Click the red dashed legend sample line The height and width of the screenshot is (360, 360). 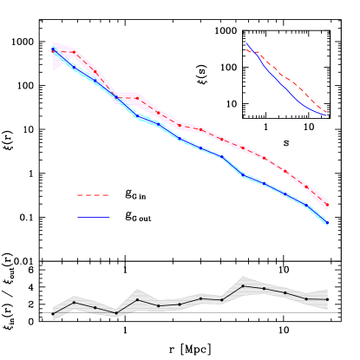pyautogui.click(x=93, y=195)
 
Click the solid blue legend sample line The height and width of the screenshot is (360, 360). pyautogui.click(x=94, y=217)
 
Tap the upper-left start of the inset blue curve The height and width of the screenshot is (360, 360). pyautogui.click(x=246, y=43)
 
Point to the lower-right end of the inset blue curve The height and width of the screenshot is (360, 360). pyautogui.click(x=327, y=115)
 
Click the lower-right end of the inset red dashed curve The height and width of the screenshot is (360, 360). pyautogui.click(x=327, y=112)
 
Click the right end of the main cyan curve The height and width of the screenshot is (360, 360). pyautogui.click(x=327, y=225)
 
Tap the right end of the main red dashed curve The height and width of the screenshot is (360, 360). pyautogui.click(x=327, y=205)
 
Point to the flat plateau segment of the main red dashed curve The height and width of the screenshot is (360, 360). pyautogui.click(x=128, y=98)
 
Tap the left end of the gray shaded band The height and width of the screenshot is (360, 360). pyautogui.click(x=53, y=313)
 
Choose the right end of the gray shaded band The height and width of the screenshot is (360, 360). pyautogui.click(x=327, y=298)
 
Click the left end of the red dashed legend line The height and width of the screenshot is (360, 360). pyautogui.click(x=77, y=195)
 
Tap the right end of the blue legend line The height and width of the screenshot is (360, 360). pyautogui.click(x=110, y=217)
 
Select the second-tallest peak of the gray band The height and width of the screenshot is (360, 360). pyautogui.click(x=138, y=291)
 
